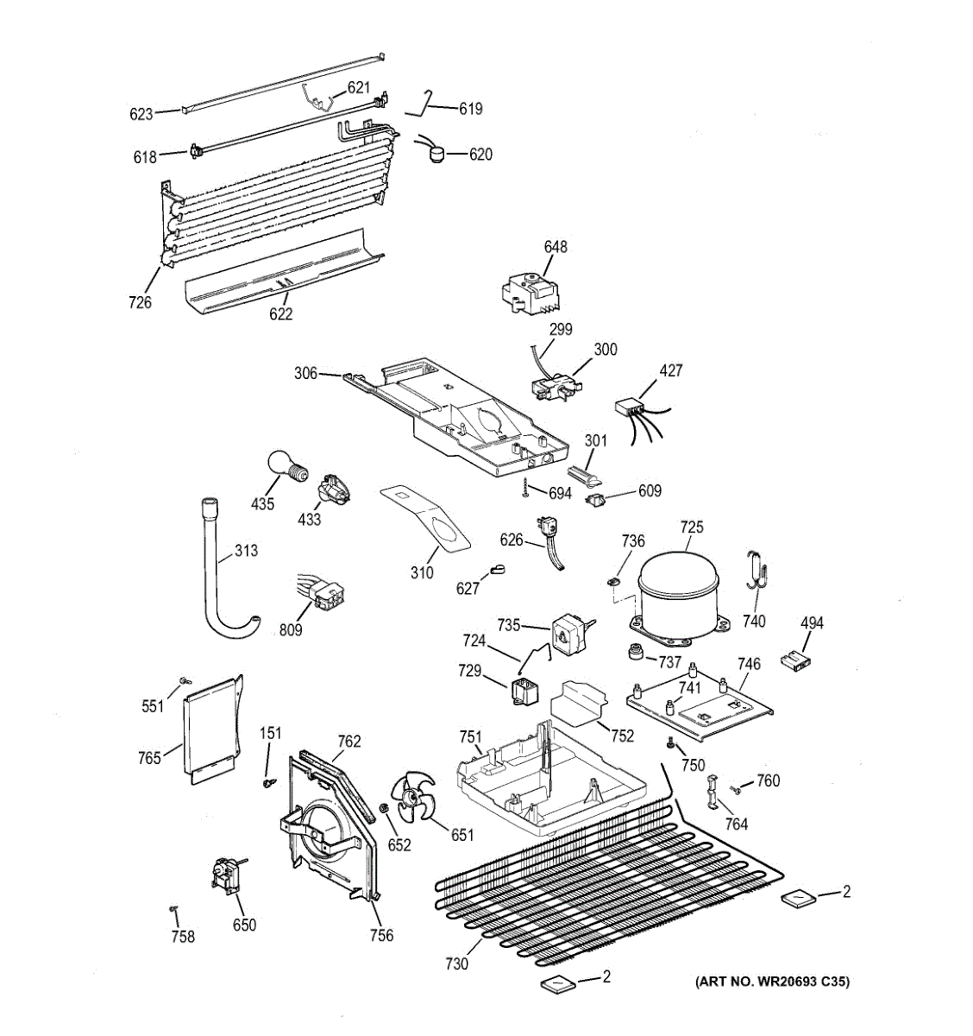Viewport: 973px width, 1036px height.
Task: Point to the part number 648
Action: pos(556,248)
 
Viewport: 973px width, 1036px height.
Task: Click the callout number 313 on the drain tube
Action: pos(246,551)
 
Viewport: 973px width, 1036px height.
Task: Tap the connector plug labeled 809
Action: pos(327,595)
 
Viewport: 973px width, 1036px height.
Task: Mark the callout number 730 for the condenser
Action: pos(457,963)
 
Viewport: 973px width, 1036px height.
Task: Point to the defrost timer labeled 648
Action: pos(528,294)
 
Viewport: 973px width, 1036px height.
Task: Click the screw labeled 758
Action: pos(173,908)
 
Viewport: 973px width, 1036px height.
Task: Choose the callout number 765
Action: pos(149,758)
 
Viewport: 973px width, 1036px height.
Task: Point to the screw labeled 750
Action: pos(670,743)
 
